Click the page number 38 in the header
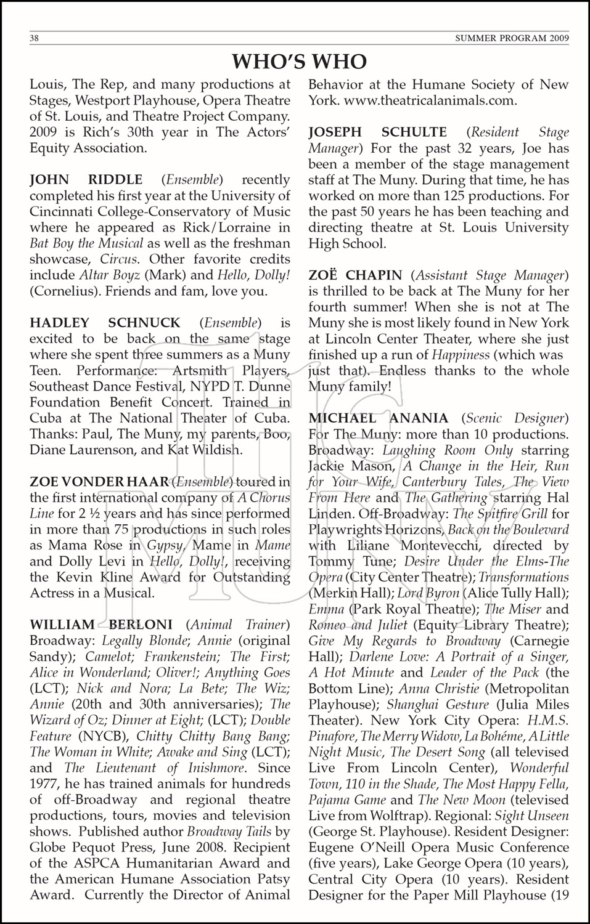pyautogui.click(x=35, y=38)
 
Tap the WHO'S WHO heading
pyautogui.click(x=299, y=62)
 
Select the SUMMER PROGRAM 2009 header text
pyautogui.click(x=512, y=38)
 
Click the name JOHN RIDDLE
pyautogui.click(x=86, y=180)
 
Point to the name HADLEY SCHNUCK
pyautogui.click(x=105, y=323)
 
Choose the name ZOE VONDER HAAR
pyautogui.click(x=99, y=482)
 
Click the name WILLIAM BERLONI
pyautogui.click(x=101, y=625)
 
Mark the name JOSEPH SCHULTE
pyautogui.click(x=377, y=132)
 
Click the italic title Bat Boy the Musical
pyautogui.click(x=86, y=243)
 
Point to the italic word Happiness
pyautogui.click(x=461, y=355)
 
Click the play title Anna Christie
pyautogui.click(x=439, y=689)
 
